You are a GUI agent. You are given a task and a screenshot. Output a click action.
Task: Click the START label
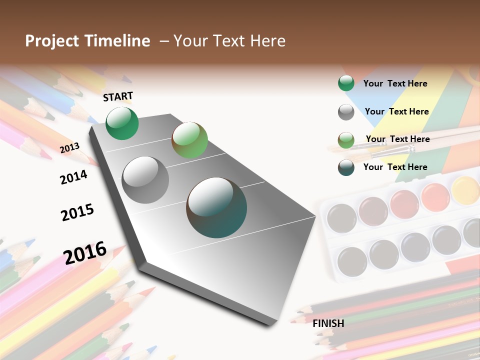coord(118,96)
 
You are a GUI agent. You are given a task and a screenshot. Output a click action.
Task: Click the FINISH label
coord(328,323)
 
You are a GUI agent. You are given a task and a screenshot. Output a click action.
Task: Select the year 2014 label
coord(74,177)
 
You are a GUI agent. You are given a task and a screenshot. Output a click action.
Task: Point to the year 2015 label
coord(77,212)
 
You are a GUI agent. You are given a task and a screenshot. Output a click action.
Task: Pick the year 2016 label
coord(85,252)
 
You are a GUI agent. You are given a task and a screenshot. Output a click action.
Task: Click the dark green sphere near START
coord(122,123)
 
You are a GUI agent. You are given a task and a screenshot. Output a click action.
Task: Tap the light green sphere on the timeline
coord(189,140)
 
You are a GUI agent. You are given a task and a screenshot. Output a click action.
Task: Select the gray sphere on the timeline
coord(145,180)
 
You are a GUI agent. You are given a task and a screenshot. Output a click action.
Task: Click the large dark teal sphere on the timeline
coord(216,207)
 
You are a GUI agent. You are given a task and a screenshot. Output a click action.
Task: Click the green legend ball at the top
coord(346,83)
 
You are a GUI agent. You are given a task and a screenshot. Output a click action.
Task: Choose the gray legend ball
coord(346,112)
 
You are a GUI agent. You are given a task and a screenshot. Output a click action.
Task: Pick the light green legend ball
coord(346,140)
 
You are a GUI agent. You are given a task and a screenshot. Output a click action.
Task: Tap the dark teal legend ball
coord(346,167)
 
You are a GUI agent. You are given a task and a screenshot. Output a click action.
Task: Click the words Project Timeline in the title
coord(87,41)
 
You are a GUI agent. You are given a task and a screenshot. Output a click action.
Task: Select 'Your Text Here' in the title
coord(229,41)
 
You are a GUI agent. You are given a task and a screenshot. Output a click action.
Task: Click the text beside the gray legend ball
coord(396,111)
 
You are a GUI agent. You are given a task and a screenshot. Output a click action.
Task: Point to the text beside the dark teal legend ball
coord(395,167)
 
